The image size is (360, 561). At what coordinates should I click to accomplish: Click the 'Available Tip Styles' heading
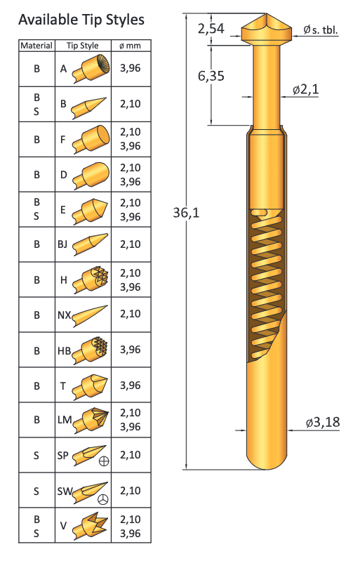click(x=81, y=20)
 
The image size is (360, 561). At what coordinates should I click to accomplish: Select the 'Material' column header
click(x=36, y=46)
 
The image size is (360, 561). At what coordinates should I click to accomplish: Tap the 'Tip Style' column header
click(x=83, y=46)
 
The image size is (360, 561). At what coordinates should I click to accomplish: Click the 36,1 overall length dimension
click(x=186, y=213)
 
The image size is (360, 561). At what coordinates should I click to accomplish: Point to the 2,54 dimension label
click(x=211, y=29)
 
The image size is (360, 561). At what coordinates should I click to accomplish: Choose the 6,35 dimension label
click(x=211, y=76)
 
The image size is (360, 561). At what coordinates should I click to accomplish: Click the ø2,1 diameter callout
click(x=306, y=89)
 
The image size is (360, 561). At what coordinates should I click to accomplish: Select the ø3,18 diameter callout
click(x=323, y=422)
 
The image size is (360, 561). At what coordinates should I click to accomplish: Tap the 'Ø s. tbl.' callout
click(x=321, y=29)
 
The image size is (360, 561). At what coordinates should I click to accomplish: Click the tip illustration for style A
click(x=91, y=68)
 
